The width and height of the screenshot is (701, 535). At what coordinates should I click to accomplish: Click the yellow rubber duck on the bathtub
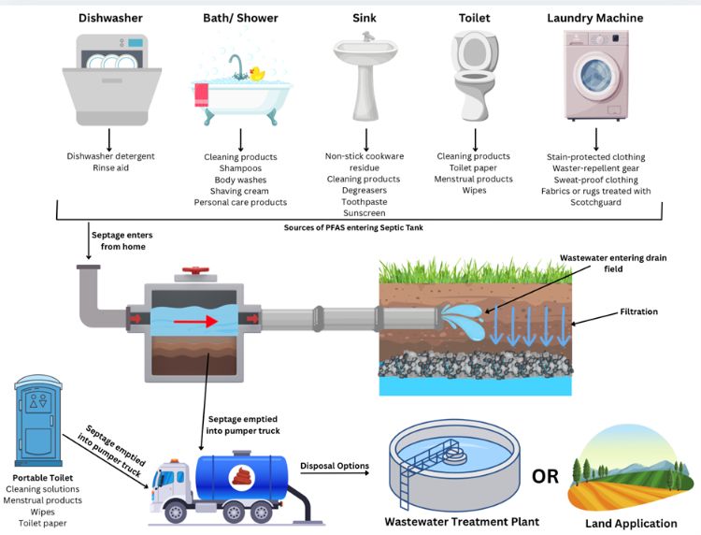pos(257,74)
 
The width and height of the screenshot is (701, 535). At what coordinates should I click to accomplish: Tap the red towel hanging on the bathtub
pos(199,94)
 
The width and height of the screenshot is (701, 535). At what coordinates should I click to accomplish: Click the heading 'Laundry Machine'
pos(594,18)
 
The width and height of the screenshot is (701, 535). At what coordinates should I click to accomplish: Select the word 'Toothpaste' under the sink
pos(364,201)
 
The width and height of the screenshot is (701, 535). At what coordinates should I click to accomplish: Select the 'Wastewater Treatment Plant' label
pos(462,521)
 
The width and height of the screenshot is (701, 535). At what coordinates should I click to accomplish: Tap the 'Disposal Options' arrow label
pos(336,466)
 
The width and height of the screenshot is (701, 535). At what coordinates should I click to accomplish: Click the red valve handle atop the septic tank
pos(193,274)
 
